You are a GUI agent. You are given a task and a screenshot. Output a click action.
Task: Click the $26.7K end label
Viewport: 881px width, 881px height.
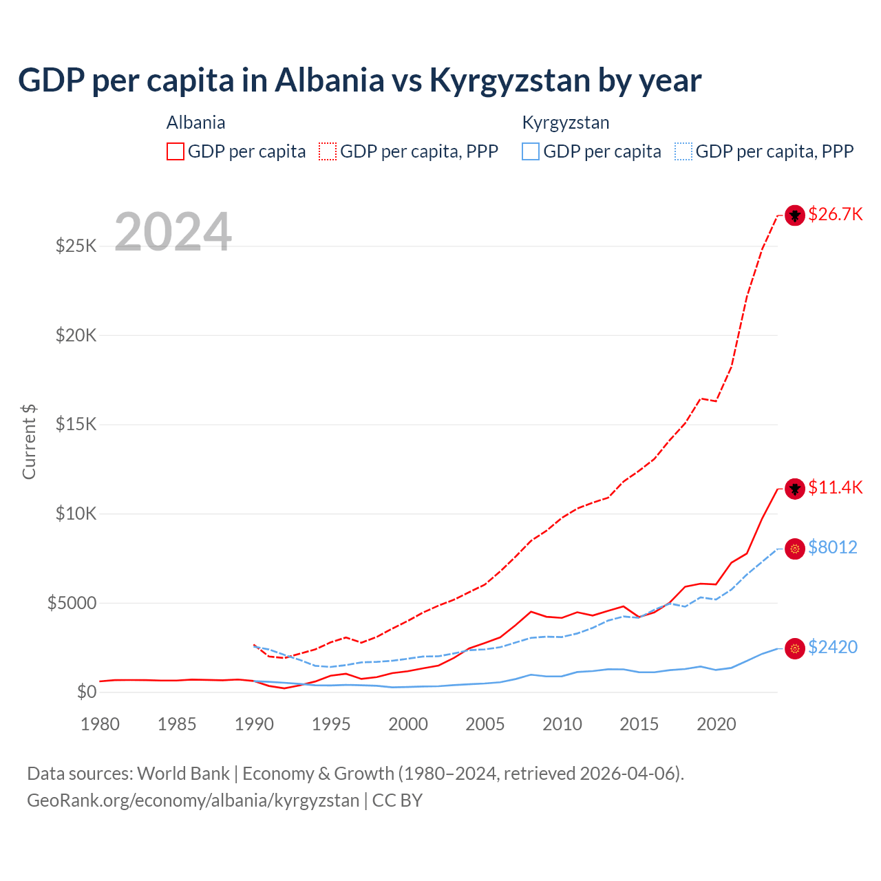835,214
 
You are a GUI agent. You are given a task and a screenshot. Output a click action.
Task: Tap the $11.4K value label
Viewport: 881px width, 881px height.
835,487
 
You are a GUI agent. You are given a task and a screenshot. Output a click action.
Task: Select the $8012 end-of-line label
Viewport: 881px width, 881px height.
832,547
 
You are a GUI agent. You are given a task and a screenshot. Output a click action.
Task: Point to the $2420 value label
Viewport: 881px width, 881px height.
832,647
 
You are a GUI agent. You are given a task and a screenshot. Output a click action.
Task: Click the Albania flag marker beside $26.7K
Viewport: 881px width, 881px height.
795,215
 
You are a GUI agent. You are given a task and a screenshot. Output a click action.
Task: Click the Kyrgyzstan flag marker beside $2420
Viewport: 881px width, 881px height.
795,648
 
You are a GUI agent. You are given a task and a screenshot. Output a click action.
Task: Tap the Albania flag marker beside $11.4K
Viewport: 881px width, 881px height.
795,489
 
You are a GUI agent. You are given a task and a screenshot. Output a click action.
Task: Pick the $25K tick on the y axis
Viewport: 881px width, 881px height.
76,246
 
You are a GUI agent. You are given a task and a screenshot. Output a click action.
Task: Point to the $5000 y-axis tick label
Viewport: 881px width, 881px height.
72,603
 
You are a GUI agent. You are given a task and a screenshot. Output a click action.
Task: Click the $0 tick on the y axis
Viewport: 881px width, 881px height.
86,692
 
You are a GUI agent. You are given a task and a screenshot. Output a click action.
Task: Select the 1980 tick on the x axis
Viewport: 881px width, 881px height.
100,724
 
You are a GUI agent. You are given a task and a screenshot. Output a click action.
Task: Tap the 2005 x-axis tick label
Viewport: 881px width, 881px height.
485,724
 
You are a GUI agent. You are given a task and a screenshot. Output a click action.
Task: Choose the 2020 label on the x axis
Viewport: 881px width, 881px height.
716,724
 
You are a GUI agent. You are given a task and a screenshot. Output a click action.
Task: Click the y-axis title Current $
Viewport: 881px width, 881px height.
29,442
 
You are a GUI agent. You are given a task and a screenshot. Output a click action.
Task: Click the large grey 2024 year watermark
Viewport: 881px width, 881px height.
173,232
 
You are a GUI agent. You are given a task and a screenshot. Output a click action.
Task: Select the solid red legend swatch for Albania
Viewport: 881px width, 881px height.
176,151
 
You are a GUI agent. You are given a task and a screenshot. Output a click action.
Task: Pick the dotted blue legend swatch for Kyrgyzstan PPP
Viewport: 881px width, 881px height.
683,151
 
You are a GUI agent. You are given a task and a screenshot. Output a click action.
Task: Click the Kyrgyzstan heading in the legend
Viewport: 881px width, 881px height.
565,123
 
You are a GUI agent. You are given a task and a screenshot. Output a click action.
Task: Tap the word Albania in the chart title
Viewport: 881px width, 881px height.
329,80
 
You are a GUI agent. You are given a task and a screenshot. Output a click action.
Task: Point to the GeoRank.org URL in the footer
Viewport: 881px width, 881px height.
193,800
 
